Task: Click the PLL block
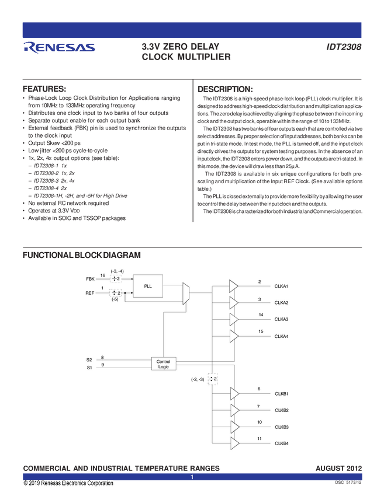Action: point(147,286)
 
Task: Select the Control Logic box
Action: point(164,364)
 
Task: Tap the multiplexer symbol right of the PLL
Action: point(186,293)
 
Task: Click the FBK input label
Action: point(90,279)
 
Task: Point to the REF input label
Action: point(90,293)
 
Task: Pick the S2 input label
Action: point(89,360)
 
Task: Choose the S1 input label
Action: point(89,368)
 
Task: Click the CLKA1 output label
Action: point(282,286)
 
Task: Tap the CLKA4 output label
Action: point(282,336)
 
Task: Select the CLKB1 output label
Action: point(282,393)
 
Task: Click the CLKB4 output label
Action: point(282,443)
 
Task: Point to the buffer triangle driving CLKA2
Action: point(234,302)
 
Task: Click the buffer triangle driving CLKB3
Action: point(234,427)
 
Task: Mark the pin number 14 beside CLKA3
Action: point(261,315)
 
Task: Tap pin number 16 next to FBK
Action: point(103,275)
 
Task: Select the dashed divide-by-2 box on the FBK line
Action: point(116,279)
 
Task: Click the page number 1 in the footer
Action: point(192,477)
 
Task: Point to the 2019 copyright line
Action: point(68,483)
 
